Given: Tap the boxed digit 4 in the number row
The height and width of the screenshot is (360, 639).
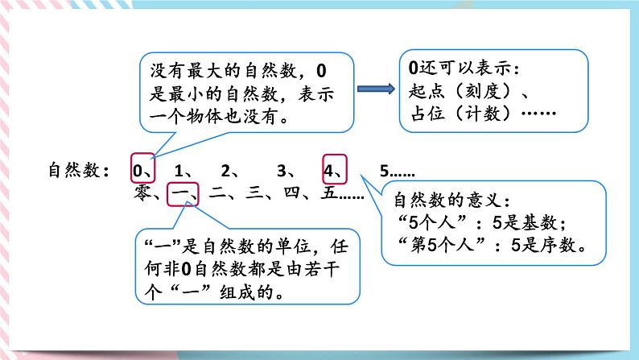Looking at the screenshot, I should [331, 171].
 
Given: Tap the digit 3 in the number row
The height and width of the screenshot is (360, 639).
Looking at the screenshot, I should [281, 171].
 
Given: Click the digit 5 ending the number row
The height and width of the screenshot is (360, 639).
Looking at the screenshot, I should [384, 171].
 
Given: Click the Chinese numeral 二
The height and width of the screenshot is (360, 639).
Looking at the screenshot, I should [216, 194].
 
